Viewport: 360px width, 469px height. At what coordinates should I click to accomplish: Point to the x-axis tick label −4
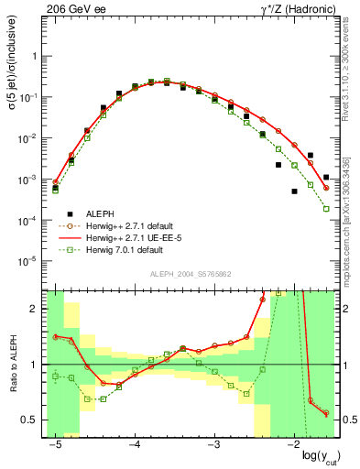point(134,443)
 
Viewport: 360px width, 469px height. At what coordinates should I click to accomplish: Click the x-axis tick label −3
point(213,443)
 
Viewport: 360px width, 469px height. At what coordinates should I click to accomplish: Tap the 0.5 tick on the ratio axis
point(35,420)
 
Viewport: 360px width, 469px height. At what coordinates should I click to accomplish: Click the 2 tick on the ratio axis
point(38,309)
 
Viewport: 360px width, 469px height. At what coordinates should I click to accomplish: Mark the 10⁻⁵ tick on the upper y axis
point(32,261)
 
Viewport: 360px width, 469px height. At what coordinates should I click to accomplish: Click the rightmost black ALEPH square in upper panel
point(326,177)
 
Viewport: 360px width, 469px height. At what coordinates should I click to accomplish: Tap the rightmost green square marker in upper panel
point(326,209)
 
